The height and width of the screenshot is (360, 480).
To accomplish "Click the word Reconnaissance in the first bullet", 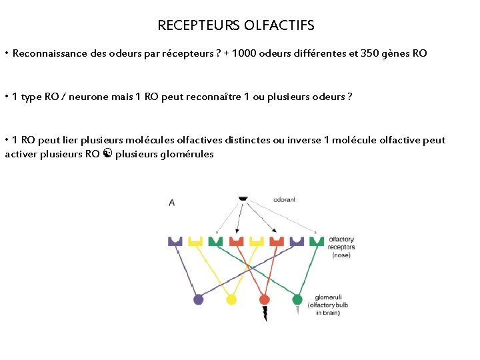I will (49, 53).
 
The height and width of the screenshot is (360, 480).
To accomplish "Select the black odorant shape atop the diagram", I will (243, 198).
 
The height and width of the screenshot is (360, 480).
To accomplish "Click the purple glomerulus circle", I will (198, 299).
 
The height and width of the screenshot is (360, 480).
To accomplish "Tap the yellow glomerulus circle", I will (231, 299).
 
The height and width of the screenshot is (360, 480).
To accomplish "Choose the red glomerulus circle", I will (264, 299).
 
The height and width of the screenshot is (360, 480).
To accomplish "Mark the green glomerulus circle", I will (297, 299).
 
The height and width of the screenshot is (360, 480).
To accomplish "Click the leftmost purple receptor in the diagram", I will (175, 241).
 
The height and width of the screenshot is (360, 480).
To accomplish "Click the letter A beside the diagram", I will (172, 202).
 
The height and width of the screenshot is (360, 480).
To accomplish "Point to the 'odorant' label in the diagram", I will (284, 199).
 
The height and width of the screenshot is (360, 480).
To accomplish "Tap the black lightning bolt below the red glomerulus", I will (265, 314).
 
